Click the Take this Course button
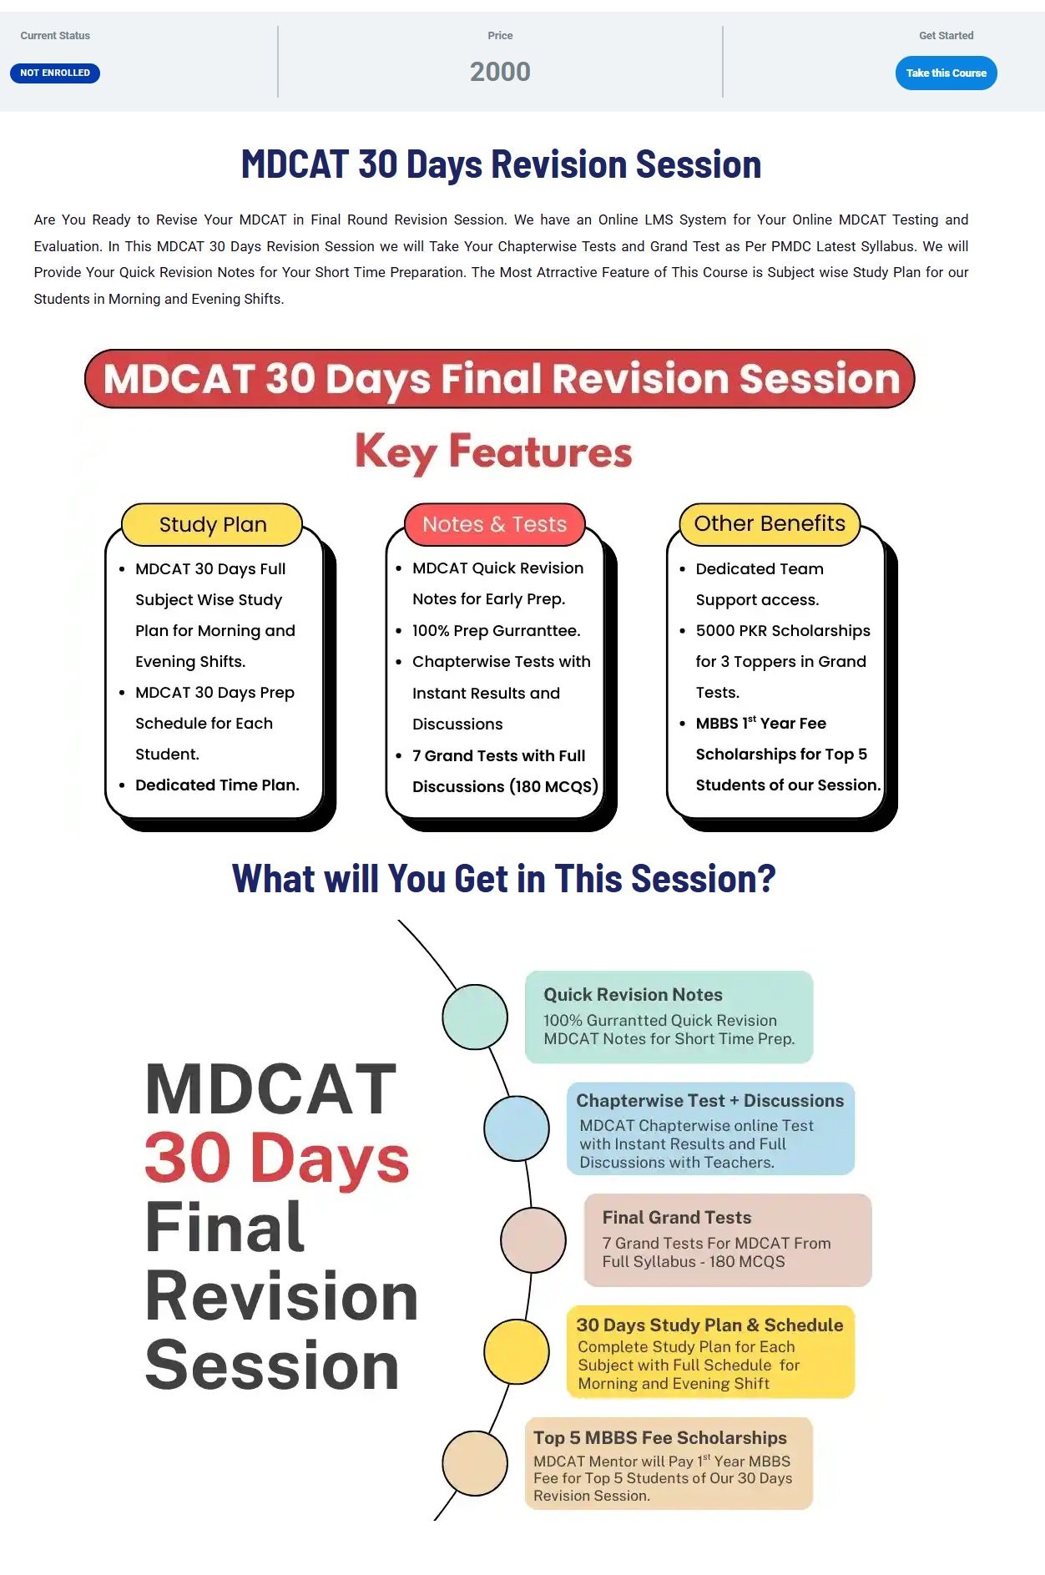tap(946, 73)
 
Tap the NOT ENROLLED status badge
tap(55, 73)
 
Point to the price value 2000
tap(500, 72)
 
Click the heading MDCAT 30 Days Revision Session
tap(501, 164)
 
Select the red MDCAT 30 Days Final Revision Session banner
tap(500, 379)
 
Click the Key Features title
tap(493, 452)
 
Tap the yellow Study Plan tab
tap(212, 524)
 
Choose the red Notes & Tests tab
tap(494, 524)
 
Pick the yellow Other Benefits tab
tap(770, 523)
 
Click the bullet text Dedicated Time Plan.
tap(217, 785)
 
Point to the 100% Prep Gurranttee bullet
tap(496, 631)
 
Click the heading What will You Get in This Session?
tap(504, 879)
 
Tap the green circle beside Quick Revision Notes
tap(475, 1017)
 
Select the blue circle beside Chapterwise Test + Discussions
tap(517, 1128)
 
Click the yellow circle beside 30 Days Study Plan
tap(517, 1351)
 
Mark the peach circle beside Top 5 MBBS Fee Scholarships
tap(475, 1463)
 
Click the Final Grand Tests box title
tap(677, 1218)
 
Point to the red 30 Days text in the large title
tap(277, 1159)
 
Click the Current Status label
tap(55, 36)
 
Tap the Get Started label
tap(947, 36)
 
